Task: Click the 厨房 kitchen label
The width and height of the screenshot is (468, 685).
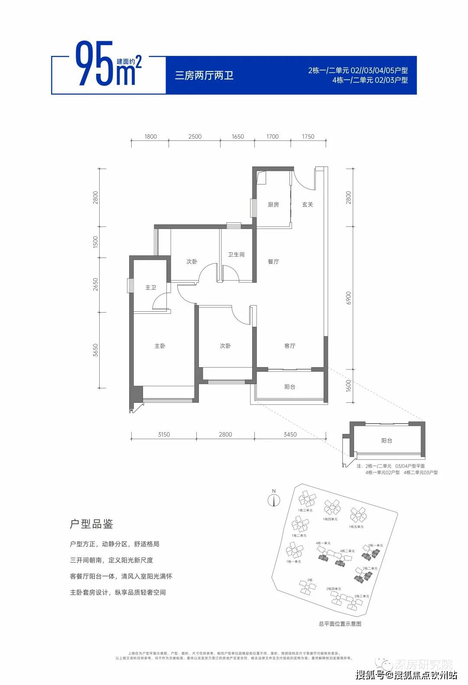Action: click(273, 205)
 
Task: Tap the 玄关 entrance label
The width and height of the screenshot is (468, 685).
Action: click(308, 205)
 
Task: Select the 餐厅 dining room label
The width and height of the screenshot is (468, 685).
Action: click(273, 261)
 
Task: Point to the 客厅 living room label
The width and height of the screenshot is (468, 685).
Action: click(290, 346)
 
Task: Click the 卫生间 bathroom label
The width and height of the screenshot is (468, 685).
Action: click(236, 254)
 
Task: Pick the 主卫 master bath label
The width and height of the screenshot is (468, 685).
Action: click(150, 287)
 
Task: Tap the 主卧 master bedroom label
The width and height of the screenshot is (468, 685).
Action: click(160, 346)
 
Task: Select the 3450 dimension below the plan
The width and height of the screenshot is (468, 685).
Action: click(290, 434)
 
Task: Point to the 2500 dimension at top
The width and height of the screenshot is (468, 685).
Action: click(195, 137)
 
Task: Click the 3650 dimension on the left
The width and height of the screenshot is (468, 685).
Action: click(96, 350)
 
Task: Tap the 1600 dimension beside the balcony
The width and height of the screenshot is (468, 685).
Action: click(349, 386)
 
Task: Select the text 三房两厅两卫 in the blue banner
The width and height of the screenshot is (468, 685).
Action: click(204, 75)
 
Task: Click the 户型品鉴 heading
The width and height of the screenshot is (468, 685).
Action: click(91, 524)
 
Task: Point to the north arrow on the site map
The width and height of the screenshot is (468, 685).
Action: click(274, 499)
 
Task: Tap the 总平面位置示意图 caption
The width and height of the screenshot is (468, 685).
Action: click(340, 623)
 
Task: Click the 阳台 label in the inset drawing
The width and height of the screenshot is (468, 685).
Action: click(387, 440)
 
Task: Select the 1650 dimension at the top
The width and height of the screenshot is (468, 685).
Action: click(238, 137)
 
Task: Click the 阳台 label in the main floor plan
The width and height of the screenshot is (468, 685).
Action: click(290, 387)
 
